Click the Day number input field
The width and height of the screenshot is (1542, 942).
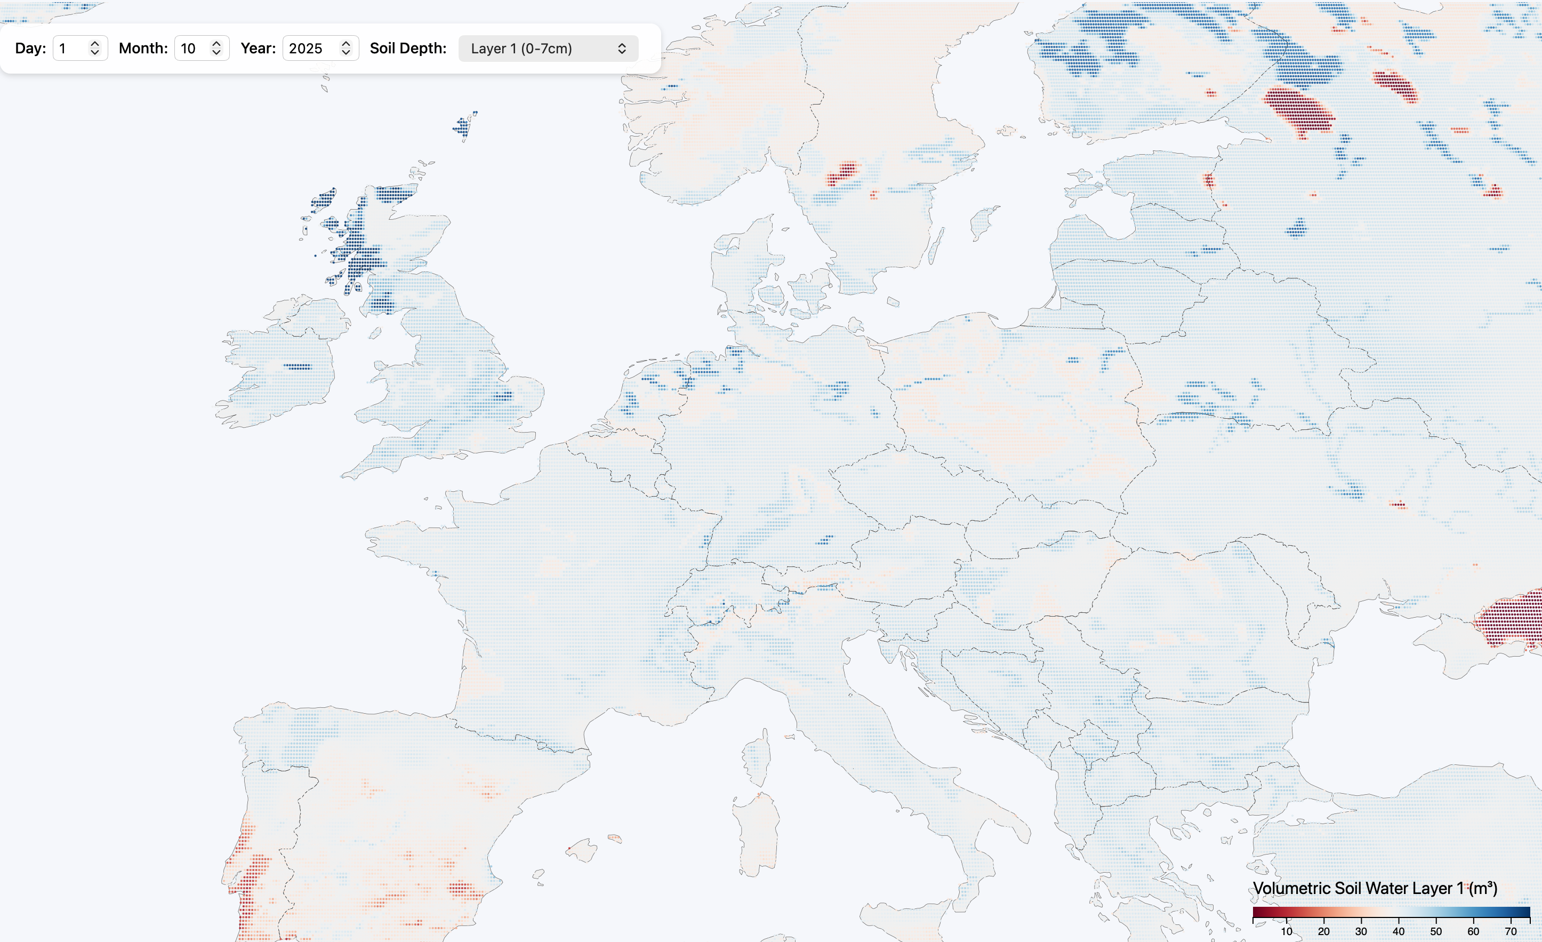71,48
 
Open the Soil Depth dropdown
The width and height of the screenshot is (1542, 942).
548,48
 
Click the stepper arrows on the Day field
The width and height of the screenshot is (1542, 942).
95,48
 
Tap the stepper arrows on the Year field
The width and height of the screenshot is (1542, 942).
346,48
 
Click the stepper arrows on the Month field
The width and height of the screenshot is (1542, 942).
216,48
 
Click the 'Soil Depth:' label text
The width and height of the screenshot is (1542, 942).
408,48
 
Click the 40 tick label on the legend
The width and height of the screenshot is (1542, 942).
1398,931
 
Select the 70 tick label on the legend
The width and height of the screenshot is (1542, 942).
1510,931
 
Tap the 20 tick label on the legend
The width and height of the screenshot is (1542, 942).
1323,931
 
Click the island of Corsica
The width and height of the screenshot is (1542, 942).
759,757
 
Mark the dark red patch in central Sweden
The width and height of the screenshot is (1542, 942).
842,173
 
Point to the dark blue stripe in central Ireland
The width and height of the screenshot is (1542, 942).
298,366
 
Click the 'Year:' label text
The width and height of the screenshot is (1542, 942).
258,48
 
